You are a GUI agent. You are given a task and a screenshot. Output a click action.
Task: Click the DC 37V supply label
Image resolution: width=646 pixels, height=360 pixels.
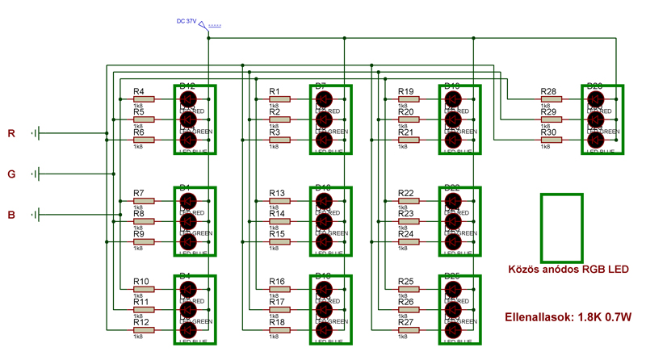(187, 22)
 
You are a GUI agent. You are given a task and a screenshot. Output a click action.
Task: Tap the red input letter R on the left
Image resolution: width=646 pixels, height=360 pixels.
(11, 133)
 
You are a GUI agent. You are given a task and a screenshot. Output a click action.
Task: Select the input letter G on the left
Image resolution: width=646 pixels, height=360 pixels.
(11, 174)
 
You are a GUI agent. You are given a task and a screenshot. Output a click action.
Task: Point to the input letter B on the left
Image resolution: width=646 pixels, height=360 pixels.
(11, 215)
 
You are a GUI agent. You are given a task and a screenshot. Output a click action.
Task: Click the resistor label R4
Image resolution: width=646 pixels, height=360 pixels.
(139, 92)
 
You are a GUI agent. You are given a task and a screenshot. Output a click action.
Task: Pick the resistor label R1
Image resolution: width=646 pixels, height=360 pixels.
(275, 92)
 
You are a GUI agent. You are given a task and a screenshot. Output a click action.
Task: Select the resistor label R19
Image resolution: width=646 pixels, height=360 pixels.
(405, 92)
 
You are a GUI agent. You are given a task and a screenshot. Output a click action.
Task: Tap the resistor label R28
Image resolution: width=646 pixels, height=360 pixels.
(548, 92)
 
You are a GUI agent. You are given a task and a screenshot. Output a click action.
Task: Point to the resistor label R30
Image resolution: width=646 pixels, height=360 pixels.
(548, 132)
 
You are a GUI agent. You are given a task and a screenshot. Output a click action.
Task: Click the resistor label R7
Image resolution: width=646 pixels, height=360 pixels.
(139, 194)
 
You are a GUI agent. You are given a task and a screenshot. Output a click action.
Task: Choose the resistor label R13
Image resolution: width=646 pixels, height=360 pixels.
(277, 194)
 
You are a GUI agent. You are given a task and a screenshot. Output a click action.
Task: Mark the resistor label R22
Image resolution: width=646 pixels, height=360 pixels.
(405, 194)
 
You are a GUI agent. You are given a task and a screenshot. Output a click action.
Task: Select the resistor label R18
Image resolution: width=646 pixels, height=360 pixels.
(277, 322)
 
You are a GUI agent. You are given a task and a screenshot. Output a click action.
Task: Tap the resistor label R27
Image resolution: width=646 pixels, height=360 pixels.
(405, 322)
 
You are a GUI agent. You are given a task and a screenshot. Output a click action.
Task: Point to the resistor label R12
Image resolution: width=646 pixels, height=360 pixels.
(141, 322)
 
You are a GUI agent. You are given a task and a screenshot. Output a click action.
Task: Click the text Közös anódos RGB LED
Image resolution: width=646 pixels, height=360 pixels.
(568, 269)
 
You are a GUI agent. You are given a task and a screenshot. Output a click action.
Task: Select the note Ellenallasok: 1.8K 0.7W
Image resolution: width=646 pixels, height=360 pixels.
(568, 316)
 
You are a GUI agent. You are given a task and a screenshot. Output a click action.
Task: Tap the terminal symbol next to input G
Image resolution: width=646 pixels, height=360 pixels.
(36, 174)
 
